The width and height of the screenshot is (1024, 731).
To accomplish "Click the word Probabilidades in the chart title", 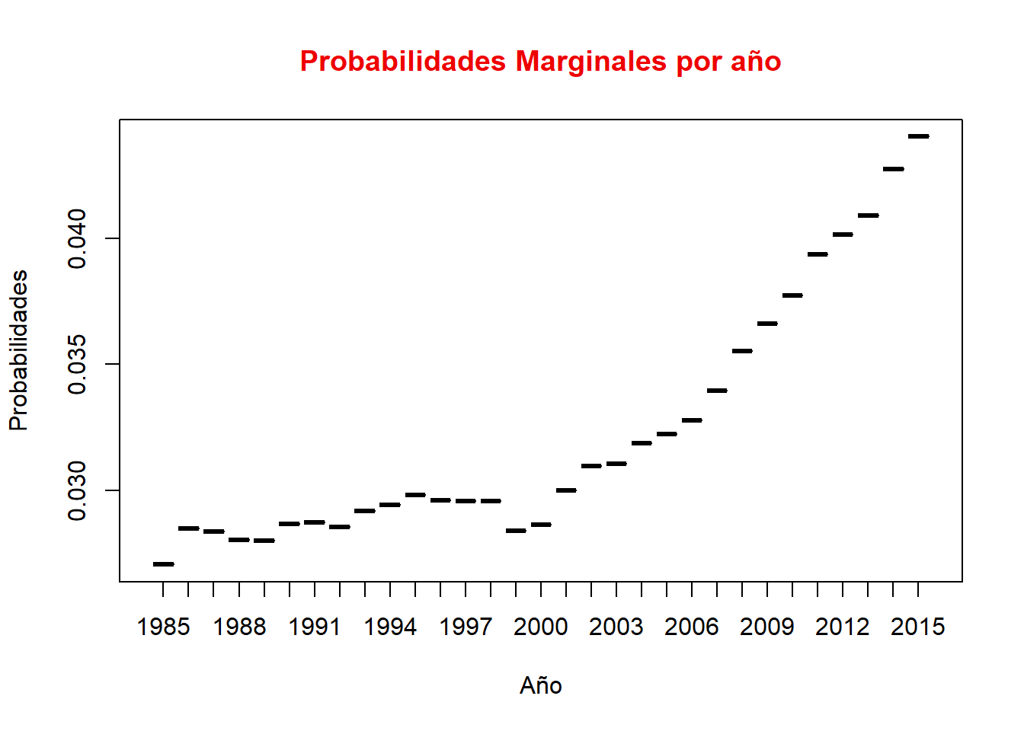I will [402, 62].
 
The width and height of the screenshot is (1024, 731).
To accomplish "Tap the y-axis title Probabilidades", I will [19, 350].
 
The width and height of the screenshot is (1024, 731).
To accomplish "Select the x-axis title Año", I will [541, 686].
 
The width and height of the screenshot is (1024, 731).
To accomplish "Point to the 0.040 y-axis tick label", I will [78, 238].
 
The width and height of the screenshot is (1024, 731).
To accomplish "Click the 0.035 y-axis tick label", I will [78, 364].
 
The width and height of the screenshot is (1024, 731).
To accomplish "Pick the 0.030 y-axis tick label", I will [78, 490].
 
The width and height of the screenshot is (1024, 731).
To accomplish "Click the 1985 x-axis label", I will [163, 627].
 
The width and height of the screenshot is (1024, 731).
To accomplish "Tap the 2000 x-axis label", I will [541, 627].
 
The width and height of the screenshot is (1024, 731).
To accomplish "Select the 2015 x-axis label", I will [918, 627].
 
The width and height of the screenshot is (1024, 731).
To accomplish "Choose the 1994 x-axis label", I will [390, 627].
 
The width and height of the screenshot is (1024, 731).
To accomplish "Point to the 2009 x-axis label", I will [767, 627].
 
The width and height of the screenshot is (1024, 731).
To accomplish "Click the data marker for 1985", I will [163, 564].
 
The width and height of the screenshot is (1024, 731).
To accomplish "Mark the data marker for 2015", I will [918, 136].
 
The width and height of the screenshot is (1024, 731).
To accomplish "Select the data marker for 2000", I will [541, 525].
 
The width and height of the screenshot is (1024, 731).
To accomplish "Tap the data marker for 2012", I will [843, 235].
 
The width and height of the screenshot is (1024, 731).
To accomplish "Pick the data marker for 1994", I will [390, 505].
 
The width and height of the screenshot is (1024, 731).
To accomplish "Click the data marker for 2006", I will [692, 420].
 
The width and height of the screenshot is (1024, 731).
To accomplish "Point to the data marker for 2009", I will [767, 324].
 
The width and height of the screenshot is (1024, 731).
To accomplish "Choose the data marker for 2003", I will [616, 464].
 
